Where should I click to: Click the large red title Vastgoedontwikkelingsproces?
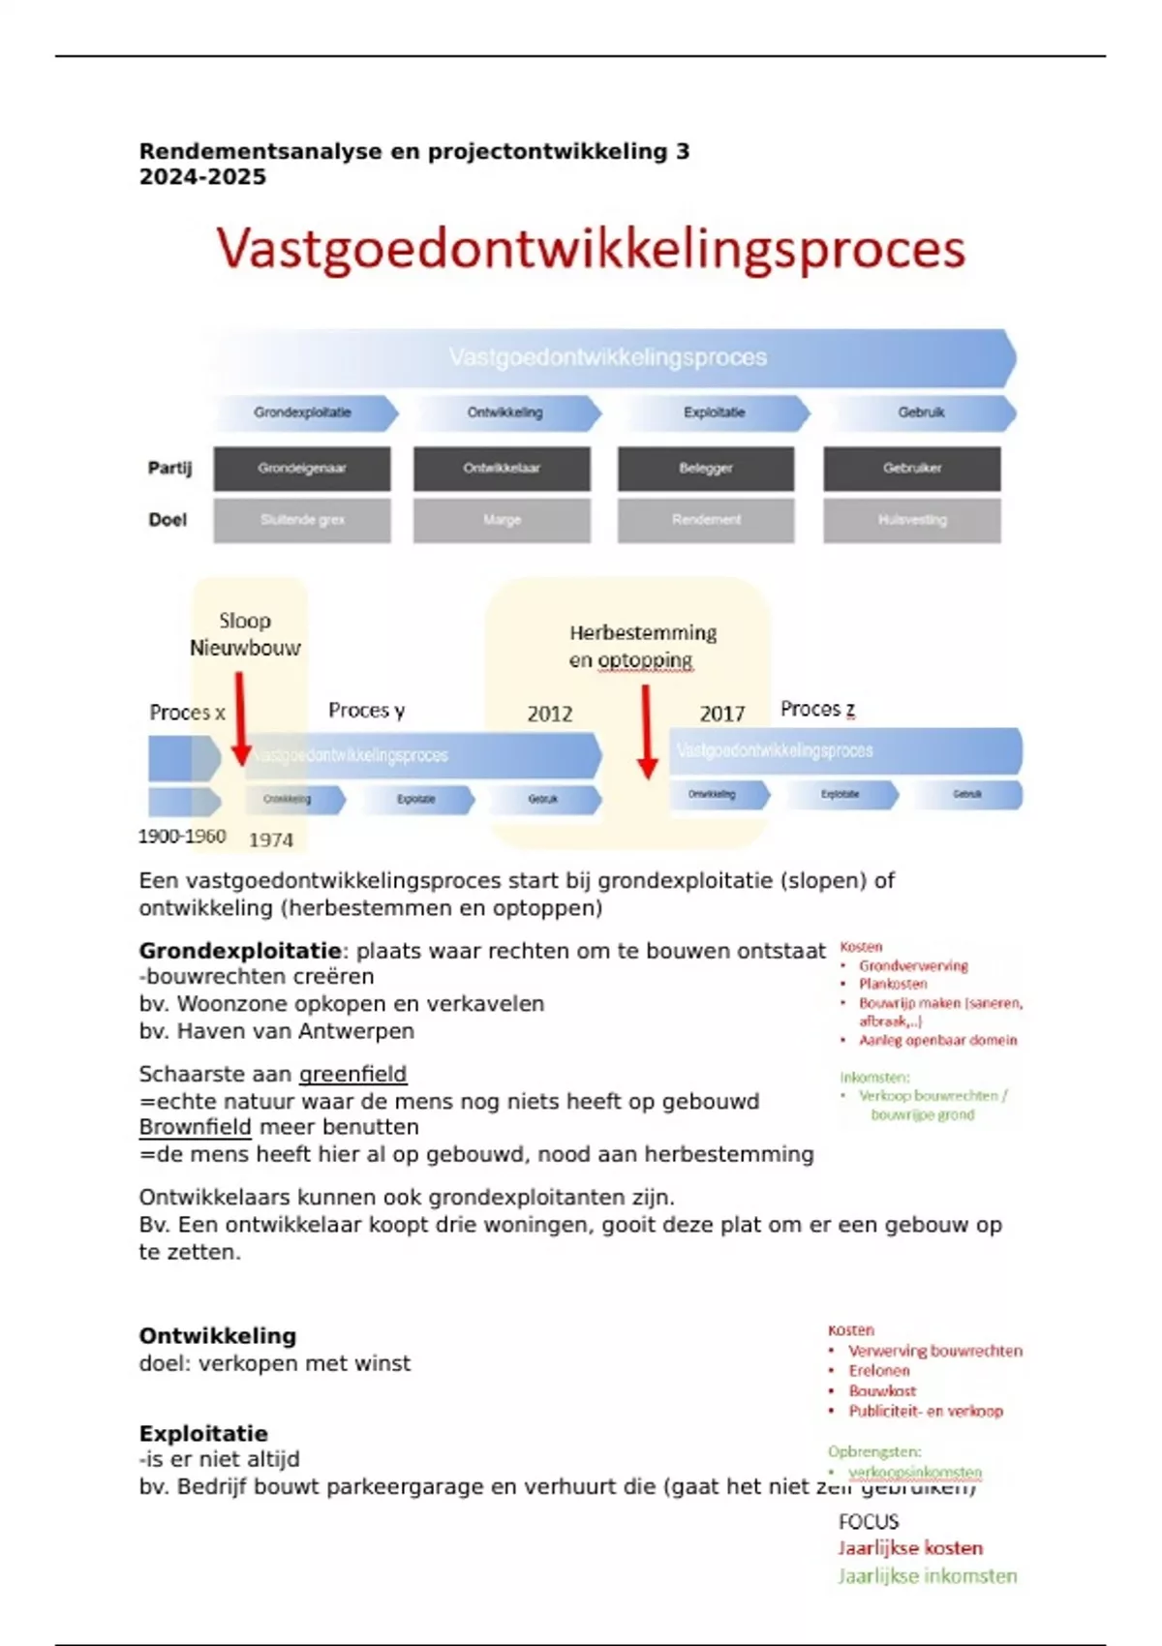(591, 249)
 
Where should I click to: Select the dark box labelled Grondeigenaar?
(302, 469)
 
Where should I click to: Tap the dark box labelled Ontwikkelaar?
(502, 469)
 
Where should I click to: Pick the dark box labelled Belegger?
(706, 469)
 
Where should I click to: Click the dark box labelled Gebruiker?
(912, 469)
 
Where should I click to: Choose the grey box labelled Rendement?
(706, 520)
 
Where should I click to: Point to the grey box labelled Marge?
(502, 520)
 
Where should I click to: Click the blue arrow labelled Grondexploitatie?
(305, 412)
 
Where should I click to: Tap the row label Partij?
(169, 469)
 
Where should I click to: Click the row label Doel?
(168, 520)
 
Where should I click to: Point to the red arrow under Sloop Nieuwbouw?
(240, 716)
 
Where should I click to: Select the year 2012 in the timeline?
(550, 715)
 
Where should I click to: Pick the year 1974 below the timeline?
(271, 840)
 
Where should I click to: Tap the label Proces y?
(366, 711)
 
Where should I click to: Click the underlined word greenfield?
(352, 1074)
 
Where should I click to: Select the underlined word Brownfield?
(195, 1127)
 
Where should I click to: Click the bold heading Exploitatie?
(203, 1433)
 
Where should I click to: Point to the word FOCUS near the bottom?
(869, 1522)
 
